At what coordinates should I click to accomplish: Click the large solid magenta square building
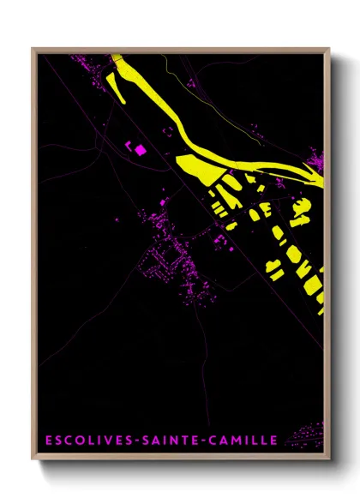pyautogui.click(x=140, y=150)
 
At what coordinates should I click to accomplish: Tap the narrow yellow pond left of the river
pyautogui.click(x=120, y=85)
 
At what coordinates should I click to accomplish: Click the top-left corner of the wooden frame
pyautogui.click(x=33, y=49)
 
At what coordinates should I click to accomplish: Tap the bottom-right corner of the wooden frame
pyautogui.click(x=328, y=460)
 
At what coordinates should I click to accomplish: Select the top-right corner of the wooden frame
pyautogui.click(x=328, y=49)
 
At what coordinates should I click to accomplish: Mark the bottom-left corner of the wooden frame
pyautogui.click(x=33, y=460)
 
